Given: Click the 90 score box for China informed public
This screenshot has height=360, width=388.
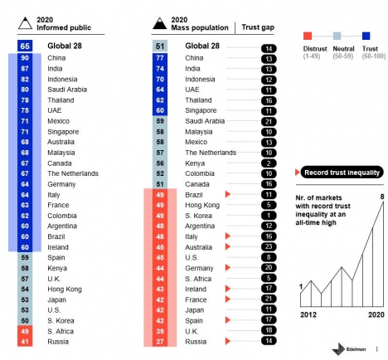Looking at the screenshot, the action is [x=25, y=58].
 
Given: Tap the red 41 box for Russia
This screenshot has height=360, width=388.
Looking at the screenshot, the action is [x=25, y=342].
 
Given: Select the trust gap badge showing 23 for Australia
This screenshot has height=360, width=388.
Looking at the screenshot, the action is [x=269, y=246].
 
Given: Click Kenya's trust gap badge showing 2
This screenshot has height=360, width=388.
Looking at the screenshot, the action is [x=269, y=163].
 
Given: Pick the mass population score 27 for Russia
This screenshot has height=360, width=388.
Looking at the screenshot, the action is [x=160, y=342].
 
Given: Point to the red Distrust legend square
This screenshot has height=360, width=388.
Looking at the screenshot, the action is [x=308, y=36].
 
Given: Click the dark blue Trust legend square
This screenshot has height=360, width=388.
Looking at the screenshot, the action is [x=366, y=36].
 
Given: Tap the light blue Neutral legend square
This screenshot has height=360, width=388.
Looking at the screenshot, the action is [x=337, y=36].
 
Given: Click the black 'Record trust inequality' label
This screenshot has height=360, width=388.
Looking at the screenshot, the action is [x=342, y=173].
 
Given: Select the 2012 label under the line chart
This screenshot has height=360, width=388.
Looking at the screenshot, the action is [x=308, y=314].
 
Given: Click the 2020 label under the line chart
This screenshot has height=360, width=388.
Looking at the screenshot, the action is [x=376, y=314].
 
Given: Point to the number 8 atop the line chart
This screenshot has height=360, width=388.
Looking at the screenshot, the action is [x=382, y=197].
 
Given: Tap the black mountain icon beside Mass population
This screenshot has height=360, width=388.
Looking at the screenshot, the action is [x=160, y=24].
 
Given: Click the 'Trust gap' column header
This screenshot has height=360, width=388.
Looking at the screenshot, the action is [x=258, y=27].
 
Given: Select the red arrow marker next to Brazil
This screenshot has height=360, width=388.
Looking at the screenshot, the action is [x=228, y=194].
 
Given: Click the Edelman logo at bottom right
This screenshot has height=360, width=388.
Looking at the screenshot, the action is [x=349, y=349].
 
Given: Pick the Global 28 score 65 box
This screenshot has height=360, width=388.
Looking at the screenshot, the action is [x=25, y=46].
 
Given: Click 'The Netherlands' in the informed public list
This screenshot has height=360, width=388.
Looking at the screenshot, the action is [x=73, y=173].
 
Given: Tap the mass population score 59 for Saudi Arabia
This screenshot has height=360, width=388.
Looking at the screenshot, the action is [x=160, y=121].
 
